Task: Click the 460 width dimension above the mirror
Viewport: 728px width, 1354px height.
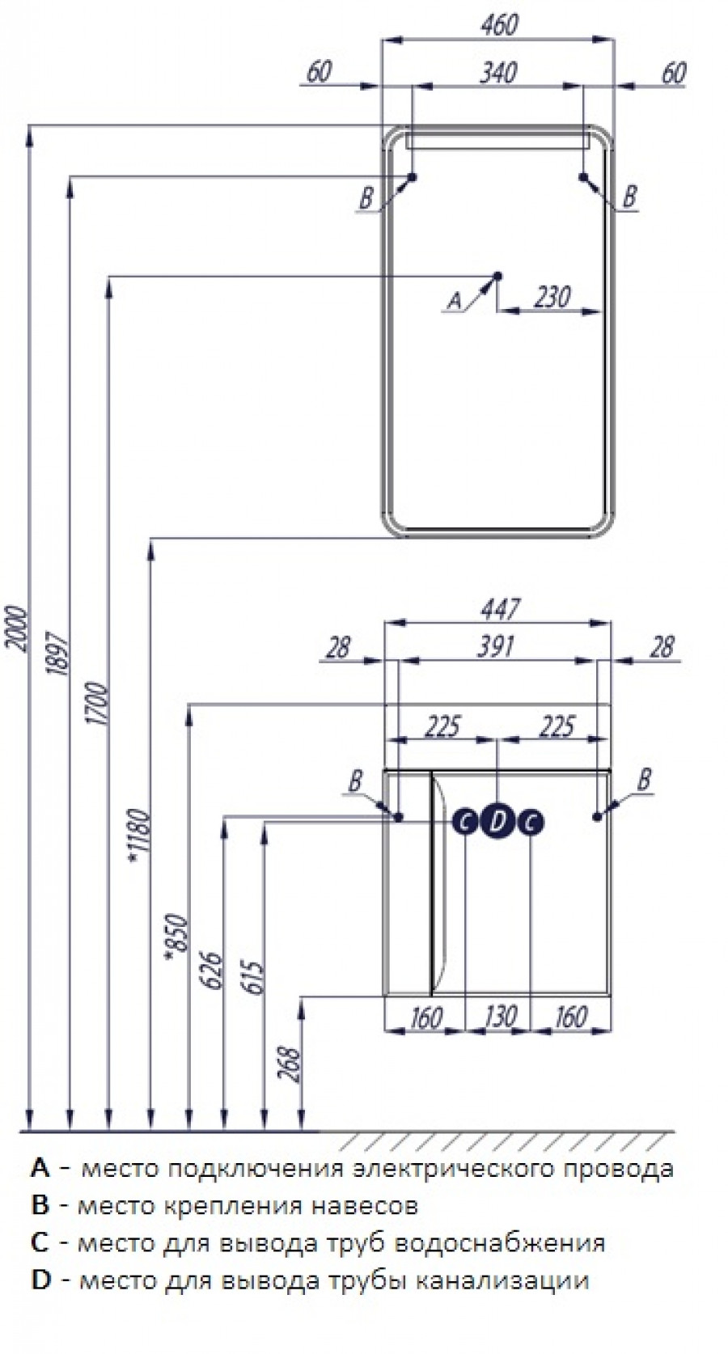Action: coord(500,25)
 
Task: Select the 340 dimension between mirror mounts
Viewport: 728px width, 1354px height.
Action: coord(498,73)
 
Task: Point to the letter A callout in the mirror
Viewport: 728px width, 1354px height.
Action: coord(454,299)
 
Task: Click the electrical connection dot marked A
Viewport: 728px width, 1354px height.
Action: coord(497,276)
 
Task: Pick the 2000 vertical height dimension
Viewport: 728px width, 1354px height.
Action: coord(18,628)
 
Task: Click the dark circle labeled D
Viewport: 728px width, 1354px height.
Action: coord(497,822)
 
